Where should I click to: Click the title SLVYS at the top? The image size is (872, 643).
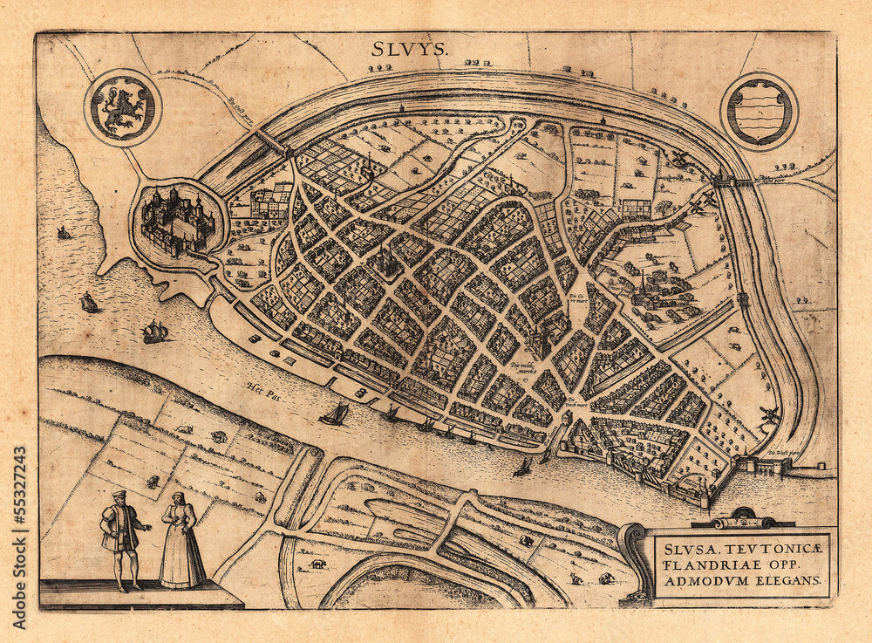(409, 50)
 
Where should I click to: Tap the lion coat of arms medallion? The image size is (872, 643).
(123, 108)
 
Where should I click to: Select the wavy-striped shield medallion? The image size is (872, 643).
(759, 111)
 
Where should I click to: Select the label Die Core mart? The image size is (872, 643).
(579, 298)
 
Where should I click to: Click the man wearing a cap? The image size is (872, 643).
(121, 534)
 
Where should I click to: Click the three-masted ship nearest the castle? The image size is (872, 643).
(154, 332)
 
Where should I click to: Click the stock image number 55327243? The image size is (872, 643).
(19, 501)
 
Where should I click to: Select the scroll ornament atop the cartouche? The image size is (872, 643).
(743, 520)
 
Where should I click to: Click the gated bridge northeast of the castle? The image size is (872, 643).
(270, 141)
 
